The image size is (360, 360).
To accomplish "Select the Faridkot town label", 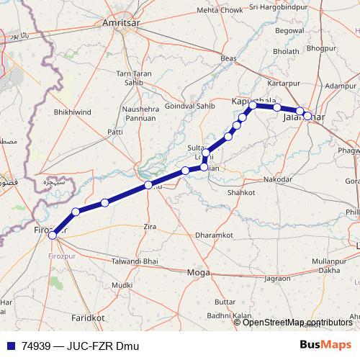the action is (88, 317).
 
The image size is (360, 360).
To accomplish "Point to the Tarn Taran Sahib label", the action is (134, 78).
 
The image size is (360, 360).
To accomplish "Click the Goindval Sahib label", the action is (191, 105).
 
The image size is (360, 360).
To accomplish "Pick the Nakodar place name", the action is (278, 179).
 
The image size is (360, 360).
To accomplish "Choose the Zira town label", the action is (150, 226).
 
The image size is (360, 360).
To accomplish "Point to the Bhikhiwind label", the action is (73, 113).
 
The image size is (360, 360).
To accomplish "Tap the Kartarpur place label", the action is (283, 84).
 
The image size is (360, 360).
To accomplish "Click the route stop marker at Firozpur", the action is (52, 235).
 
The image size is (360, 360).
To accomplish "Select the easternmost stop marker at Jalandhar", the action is (307, 115).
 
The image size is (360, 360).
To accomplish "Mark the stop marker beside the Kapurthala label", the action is (253, 106).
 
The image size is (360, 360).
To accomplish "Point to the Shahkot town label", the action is (241, 193).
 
